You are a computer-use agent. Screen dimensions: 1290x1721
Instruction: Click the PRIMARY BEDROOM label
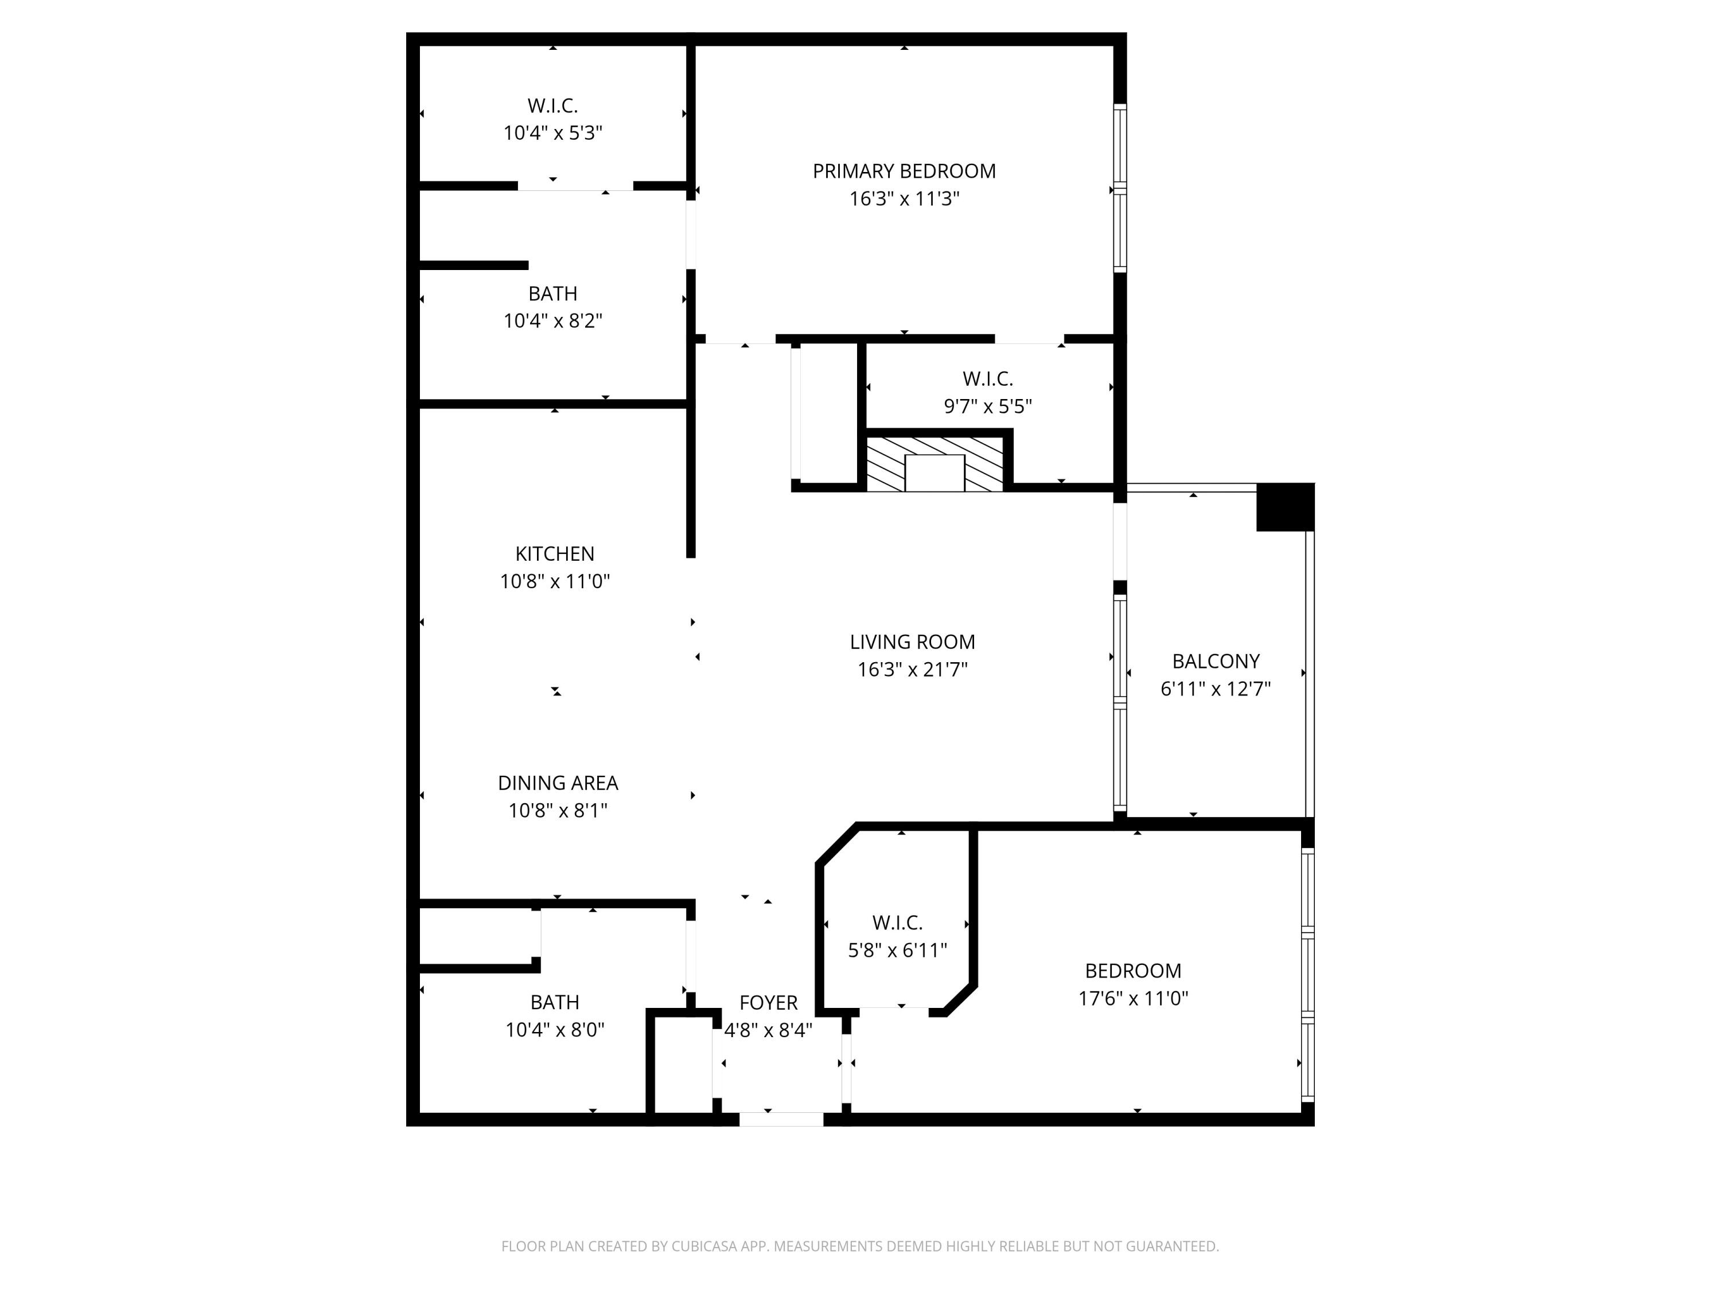[x=904, y=171]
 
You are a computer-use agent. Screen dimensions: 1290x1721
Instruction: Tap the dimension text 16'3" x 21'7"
[x=912, y=670]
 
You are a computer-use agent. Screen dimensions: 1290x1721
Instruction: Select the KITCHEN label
[x=555, y=554]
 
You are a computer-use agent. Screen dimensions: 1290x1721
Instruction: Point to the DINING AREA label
[x=558, y=783]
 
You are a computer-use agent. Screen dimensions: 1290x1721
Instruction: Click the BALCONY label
[x=1215, y=661]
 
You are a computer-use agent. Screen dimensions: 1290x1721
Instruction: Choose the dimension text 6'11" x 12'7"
[x=1215, y=689]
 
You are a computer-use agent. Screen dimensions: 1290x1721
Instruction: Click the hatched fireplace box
[x=935, y=464]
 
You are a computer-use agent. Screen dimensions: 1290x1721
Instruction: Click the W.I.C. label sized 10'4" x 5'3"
[x=552, y=105]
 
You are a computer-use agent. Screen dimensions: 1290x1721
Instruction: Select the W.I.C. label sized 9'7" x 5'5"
[x=987, y=378]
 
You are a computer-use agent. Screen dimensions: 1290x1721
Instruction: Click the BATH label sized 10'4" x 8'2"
[x=552, y=294]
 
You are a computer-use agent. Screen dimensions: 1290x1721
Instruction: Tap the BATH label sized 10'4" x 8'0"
[x=555, y=1002]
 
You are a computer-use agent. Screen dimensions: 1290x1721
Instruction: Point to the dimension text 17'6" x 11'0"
[x=1133, y=998]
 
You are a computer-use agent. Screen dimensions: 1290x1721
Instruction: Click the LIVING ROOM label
[x=912, y=642]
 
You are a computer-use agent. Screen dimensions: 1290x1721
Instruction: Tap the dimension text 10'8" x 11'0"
[x=555, y=581]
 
